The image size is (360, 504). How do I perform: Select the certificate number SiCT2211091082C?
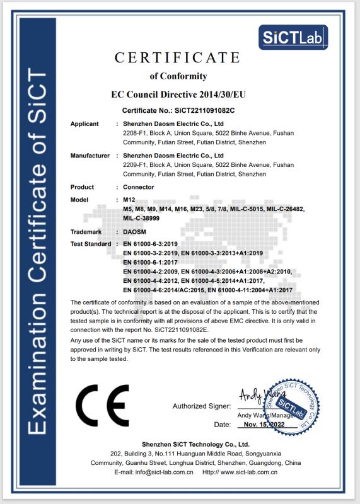(198, 110)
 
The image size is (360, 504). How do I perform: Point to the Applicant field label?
(84, 124)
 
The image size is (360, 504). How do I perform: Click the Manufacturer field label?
(90, 155)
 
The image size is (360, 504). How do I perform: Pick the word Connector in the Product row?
(139, 187)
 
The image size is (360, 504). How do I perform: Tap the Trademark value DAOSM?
(135, 232)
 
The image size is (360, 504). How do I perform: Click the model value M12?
(129, 200)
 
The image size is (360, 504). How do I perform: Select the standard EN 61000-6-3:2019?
(151, 244)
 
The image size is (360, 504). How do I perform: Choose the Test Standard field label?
(91, 244)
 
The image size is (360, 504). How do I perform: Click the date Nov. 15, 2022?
(264, 425)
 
